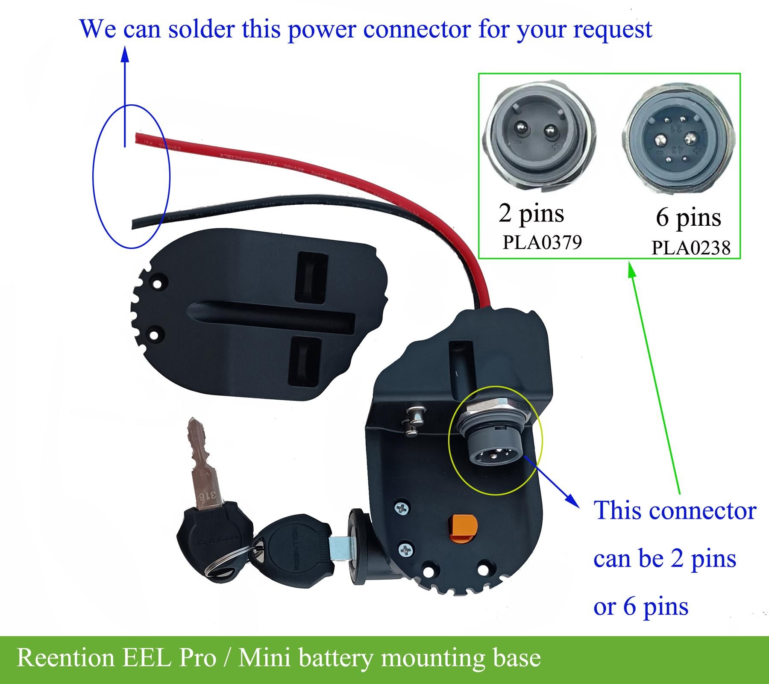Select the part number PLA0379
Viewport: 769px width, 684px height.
click(542, 242)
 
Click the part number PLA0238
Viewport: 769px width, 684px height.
click(691, 248)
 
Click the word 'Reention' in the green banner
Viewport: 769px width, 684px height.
click(65, 657)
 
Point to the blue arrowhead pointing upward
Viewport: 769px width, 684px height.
click(125, 55)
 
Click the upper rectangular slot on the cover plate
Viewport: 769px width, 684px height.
click(312, 277)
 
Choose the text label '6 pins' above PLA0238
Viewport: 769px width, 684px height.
click(688, 218)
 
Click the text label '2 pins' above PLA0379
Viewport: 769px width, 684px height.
click(531, 213)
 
